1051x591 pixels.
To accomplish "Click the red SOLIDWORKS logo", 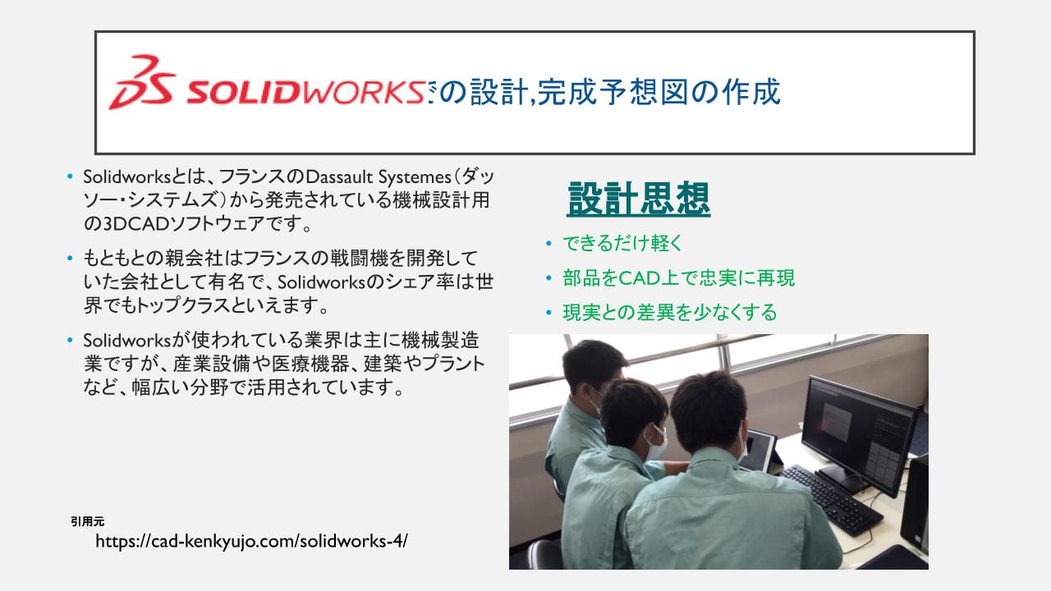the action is coord(268,83).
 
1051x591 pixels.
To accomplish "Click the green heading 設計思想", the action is coord(639,199).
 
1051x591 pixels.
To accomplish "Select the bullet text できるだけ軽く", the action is coord(622,243).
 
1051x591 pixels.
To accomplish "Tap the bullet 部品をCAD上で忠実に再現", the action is coord(678,277).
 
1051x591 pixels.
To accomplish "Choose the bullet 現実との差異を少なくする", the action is coord(669,313).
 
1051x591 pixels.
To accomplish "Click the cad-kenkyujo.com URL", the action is coord(251,541).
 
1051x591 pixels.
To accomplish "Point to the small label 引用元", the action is coord(87,521).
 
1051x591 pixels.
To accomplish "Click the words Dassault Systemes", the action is coord(379,176).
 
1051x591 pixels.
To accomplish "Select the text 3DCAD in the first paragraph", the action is coord(135,224).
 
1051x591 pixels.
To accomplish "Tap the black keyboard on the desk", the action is coord(830,498).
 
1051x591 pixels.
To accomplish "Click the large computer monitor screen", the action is coord(858,434).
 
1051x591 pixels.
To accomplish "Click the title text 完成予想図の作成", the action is coord(659,92).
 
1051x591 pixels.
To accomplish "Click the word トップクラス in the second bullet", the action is coord(182,306).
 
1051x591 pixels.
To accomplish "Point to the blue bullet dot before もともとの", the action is coord(70,259).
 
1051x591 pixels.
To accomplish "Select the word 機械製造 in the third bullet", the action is coord(440,341).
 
